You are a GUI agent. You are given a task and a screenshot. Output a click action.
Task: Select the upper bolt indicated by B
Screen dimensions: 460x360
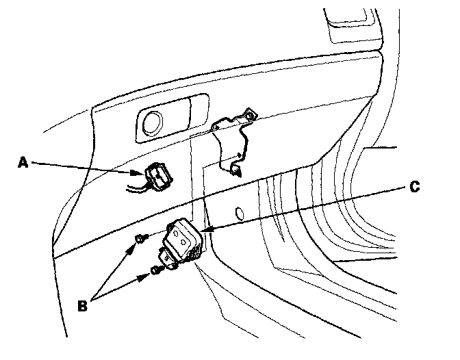pyautogui.click(x=139, y=237)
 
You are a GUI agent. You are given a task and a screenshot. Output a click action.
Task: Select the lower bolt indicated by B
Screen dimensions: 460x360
pyautogui.click(x=155, y=272)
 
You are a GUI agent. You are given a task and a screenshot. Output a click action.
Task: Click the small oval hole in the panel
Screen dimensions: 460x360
pyautogui.click(x=240, y=211)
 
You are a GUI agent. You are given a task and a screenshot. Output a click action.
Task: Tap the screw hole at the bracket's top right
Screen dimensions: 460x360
pyautogui.click(x=252, y=116)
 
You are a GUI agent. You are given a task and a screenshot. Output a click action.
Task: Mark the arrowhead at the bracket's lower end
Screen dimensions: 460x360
pyautogui.click(x=237, y=171)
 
